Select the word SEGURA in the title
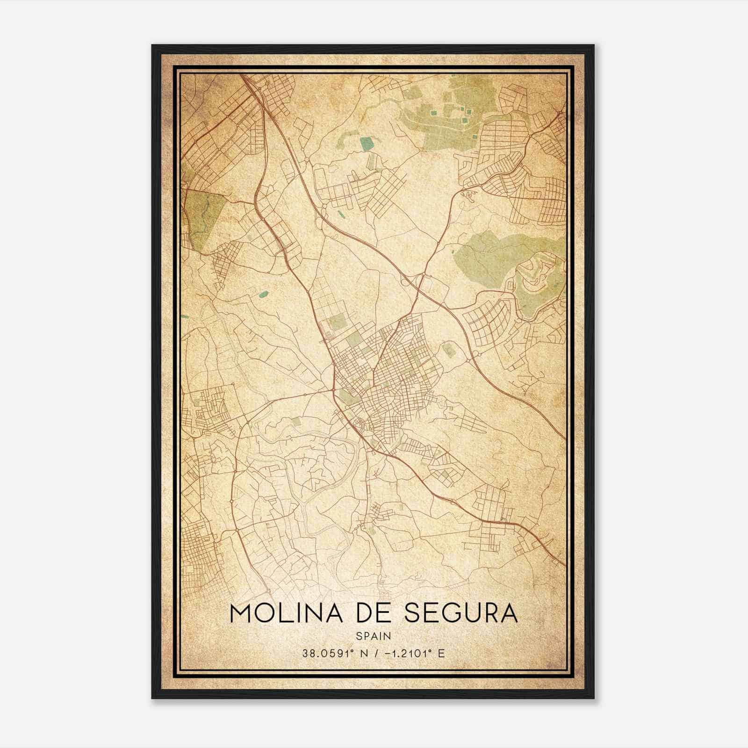(461, 613)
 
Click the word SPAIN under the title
(373, 636)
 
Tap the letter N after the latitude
(359, 654)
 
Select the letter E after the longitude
(441, 654)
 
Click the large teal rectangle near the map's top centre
(367, 144)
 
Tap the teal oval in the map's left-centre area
(264, 294)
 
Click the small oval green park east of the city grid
(449, 349)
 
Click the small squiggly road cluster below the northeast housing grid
(467, 194)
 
